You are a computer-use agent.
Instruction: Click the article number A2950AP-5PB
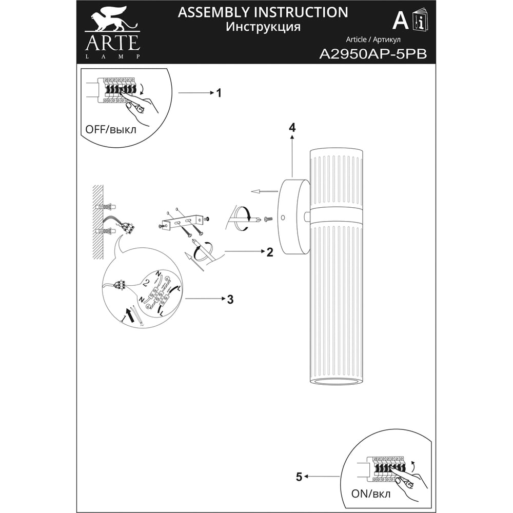point(373,54)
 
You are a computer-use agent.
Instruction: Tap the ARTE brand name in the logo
point(112,43)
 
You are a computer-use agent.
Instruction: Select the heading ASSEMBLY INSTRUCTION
point(263,12)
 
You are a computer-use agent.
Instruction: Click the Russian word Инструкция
point(263,27)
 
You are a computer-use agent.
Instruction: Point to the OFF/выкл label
point(111,130)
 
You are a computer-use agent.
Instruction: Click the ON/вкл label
point(371,494)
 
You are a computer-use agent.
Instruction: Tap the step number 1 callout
point(219,93)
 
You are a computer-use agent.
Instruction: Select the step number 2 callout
point(270,252)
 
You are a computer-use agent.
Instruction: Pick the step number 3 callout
point(230,299)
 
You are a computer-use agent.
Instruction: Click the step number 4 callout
point(292,127)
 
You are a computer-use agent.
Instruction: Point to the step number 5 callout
point(299,477)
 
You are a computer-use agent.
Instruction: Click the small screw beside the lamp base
point(268,219)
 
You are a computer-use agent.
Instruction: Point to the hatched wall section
point(98,222)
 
